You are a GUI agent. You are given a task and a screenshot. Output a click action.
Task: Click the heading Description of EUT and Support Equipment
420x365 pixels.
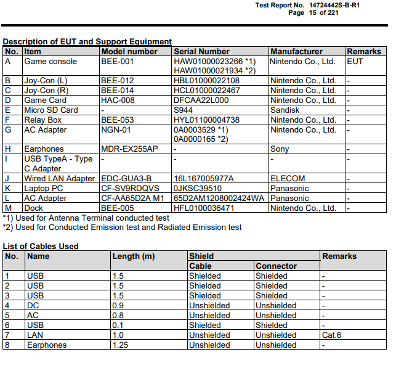pyautogui.click(x=87, y=41)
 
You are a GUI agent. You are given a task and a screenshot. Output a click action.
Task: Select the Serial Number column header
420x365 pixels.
pyautogui.click(x=201, y=52)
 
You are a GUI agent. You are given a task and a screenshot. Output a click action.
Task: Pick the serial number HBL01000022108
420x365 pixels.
pyautogui.click(x=207, y=81)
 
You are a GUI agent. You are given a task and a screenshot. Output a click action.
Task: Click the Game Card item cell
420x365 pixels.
pyautogui.click(x=45, y=100)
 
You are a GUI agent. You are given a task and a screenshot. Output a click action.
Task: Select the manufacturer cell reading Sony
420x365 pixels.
pyautogui.click(x=280, y=149)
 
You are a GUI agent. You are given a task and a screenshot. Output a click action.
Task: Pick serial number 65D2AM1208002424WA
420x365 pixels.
pyautogui.click(x=219, y=199)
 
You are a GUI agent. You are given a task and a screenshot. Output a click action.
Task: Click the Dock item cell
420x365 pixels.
pyautogui.click(x=34, y=208)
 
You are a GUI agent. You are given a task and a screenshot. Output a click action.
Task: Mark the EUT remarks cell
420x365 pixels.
pyautogui.click(x=355, y=62)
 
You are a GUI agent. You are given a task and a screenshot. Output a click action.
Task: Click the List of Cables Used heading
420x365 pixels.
pyautogui.click(x=41, y=246)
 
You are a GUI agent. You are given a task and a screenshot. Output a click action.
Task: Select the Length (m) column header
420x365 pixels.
pyautogui.click(x=134, y=256)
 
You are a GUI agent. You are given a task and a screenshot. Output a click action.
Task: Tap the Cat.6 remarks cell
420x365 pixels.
pyautogui.click(x=333, y=335)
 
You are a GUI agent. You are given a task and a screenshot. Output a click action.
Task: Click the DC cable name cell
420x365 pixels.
pyautogui.click(x=33, y=306)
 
